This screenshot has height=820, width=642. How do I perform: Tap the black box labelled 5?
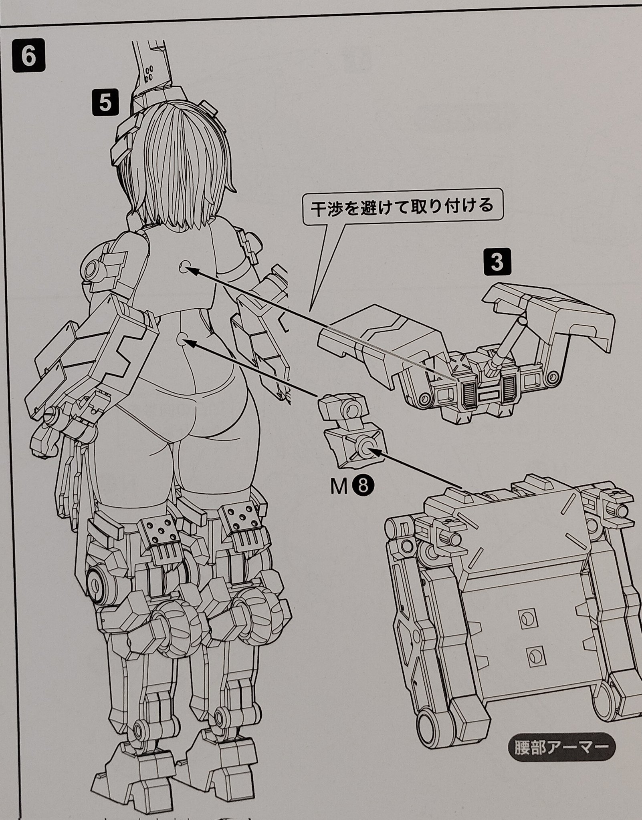tap(105, 103)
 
